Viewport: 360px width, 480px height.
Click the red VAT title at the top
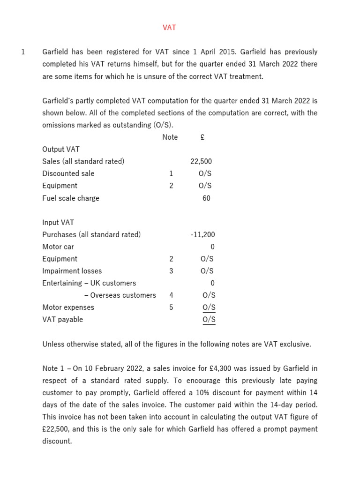169,28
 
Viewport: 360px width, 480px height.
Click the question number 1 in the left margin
23,52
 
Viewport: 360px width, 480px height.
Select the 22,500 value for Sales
201,161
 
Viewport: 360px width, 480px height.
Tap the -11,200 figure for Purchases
202,234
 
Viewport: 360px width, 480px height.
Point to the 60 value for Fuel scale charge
206,198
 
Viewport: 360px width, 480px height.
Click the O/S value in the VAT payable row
209,320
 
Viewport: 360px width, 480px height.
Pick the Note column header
170,137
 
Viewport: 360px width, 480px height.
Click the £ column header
202,137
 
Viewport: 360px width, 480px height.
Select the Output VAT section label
61,149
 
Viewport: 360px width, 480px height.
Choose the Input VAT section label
58,223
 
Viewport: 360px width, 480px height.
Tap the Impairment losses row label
72,271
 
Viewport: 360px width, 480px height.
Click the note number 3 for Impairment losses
171,271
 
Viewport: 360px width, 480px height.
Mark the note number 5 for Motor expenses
171,307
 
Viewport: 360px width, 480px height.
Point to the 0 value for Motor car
212,247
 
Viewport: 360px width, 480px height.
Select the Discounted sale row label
68,173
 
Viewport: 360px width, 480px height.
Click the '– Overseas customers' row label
120,295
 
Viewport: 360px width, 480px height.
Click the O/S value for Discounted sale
205,173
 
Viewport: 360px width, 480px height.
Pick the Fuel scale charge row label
71,198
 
